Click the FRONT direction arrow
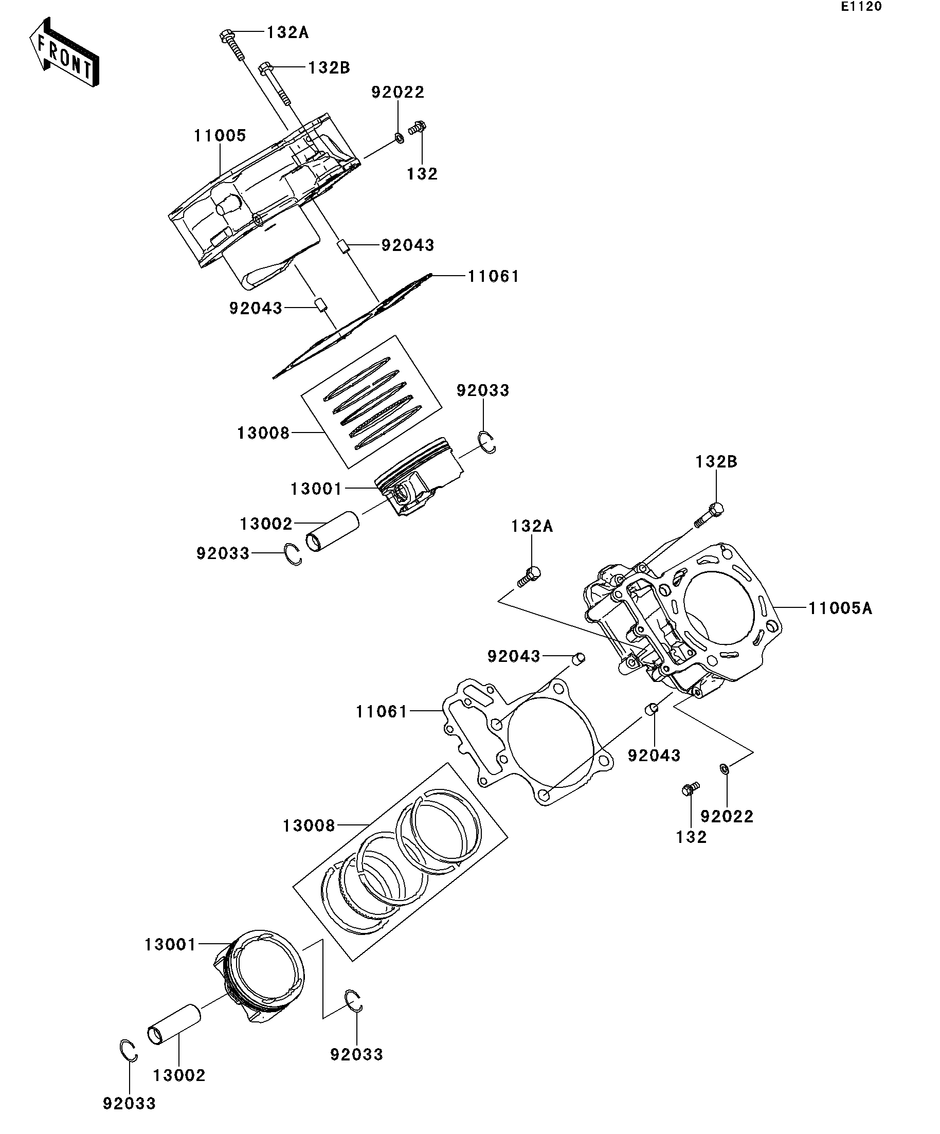[x=64, y=52]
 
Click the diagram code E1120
[x=861, y=7]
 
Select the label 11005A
[x=840, y=608]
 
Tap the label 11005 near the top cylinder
[x=220, y=136]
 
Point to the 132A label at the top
[x=287, y=33]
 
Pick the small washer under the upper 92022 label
[x=399, y=138]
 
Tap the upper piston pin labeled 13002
[x=332, y=531]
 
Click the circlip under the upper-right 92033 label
[x=487, y=443]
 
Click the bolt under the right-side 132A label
[x=529, y=576]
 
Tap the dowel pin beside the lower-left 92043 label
[x=579, y=659]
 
